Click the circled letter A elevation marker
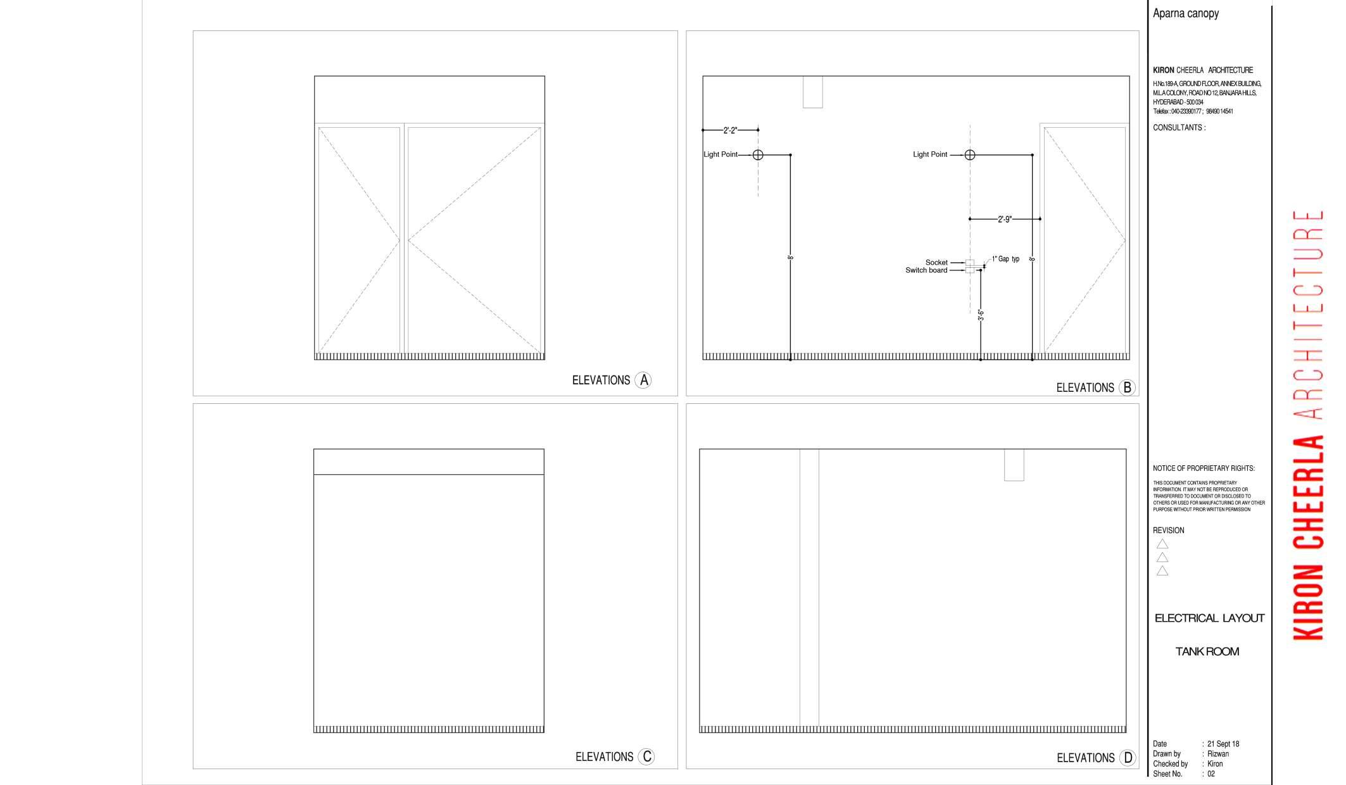tap(643, 380)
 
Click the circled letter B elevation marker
tap(1127, 387)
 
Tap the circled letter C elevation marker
tap(646, 757)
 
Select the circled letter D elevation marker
tap(1128, 758)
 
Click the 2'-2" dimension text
tap(730, 130)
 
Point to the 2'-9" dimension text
tap(1005, 219)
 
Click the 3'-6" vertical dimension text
tap(981, 315)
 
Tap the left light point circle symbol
tap(758, 154)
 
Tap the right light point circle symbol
tap(970, 154)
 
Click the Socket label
tap(936, 263)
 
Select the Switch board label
tap(926, 270)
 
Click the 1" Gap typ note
tap(1005, 259)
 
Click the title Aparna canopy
tap(1185, 13)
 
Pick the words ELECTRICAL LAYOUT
tap(1209, 618)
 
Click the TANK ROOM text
tap(1207, 651)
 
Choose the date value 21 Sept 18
tap(1223, 744)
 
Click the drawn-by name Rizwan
tap(1218, 754)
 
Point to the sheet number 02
tap(1211, 774)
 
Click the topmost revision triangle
tap(1162, 544)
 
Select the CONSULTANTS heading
tap(1179, 128)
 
